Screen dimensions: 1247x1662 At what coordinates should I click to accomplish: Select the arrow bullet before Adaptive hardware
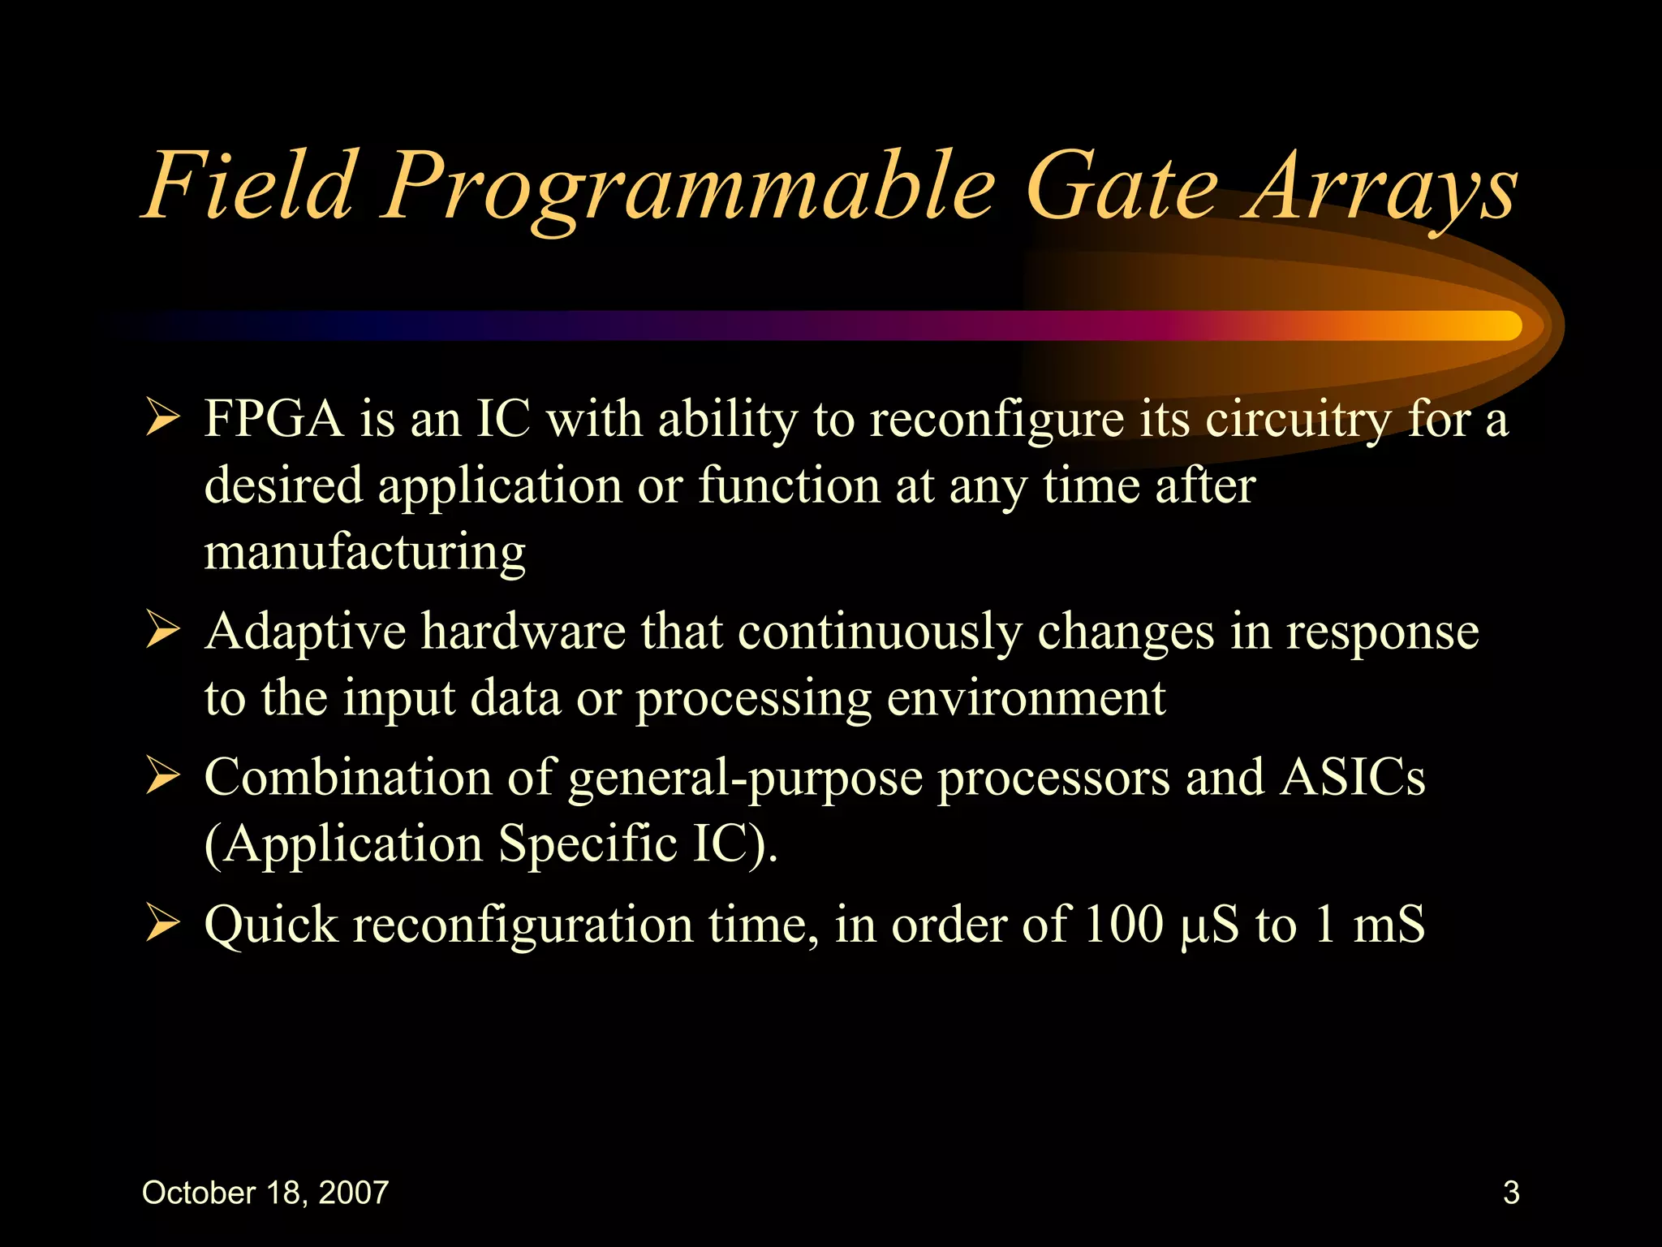click(162, 632)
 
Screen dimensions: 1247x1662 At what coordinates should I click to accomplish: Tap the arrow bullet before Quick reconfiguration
click(162, 925)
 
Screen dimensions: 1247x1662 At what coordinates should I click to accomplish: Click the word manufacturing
click(364, 553)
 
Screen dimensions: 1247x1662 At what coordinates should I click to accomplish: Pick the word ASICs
click(1352, 778)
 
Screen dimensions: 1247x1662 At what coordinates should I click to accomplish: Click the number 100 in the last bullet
click(1123, 925)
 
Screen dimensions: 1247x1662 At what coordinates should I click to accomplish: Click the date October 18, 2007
click(265, 1193)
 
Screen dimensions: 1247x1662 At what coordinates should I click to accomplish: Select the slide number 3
click(1510, 1193)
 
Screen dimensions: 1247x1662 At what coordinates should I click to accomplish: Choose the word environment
click(1026, 697)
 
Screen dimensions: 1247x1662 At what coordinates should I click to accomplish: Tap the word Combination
click(348, 778)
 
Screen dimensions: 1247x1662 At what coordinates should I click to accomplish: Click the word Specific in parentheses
click(587, 844)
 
